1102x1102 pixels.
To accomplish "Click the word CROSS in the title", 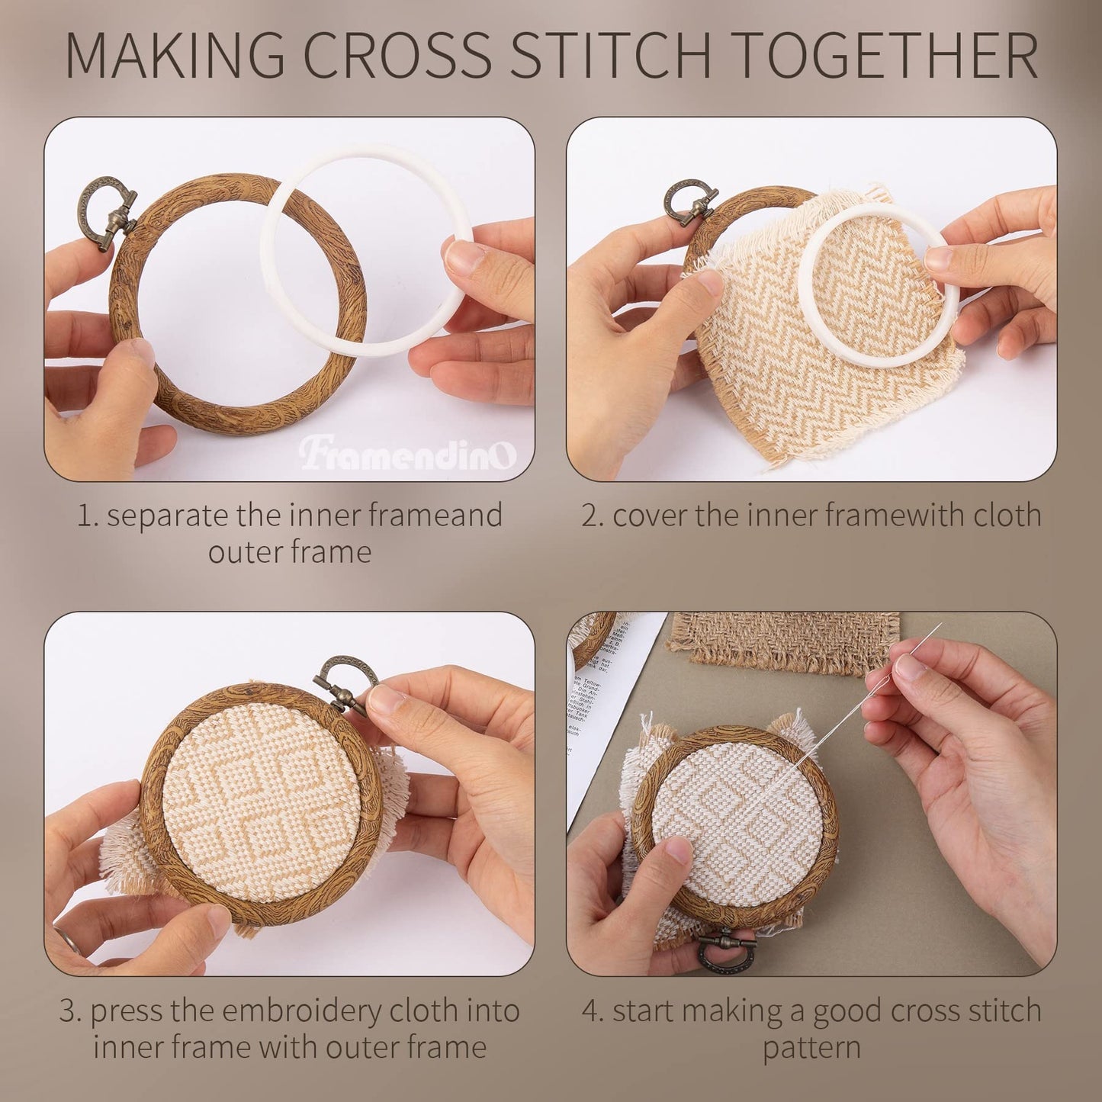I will point(398,55).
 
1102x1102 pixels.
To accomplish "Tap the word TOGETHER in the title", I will point(884,55).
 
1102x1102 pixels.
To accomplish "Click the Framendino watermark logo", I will point(407,455).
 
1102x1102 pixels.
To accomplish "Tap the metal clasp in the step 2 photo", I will point(691,202).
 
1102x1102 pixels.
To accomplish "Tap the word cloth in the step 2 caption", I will point(1007,516).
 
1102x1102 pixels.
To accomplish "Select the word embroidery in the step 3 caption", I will point(302,1011).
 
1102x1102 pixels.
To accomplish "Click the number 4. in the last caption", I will point(593,1012).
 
